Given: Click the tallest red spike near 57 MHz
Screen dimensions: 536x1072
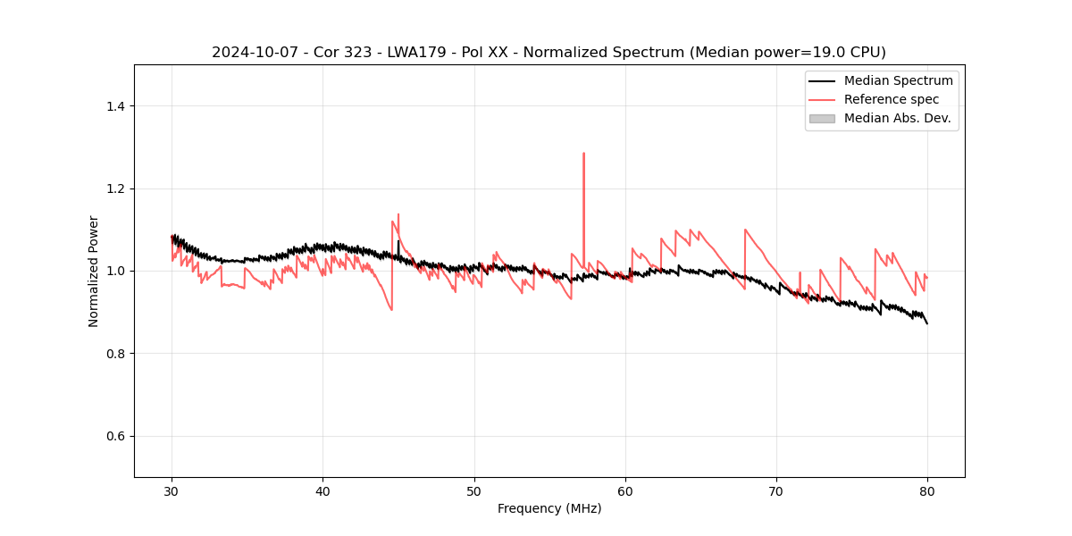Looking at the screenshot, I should point(583,154).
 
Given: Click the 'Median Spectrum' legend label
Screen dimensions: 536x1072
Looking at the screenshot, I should point(898,80).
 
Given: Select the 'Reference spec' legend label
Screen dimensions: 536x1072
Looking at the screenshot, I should point(891,99).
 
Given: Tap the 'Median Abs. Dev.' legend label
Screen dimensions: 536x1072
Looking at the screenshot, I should point(898,118).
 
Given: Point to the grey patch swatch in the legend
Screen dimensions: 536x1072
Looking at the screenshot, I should point(822,118).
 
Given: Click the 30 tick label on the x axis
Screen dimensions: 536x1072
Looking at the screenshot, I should point(172,491).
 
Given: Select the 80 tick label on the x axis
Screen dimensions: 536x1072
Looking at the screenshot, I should point(927,491).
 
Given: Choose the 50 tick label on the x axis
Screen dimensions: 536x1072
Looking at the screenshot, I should point(474,491).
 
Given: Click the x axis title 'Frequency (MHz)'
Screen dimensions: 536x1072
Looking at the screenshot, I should point(549,508).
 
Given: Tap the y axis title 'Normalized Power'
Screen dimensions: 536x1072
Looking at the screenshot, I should point(94,271).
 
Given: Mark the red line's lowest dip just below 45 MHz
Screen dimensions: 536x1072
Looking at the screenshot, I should point(391,309).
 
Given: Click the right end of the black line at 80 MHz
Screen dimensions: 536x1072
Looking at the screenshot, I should point(927,322).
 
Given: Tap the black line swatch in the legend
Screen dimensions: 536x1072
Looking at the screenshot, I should point(822,80).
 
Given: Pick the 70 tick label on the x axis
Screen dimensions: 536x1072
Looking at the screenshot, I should point(776,491).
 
